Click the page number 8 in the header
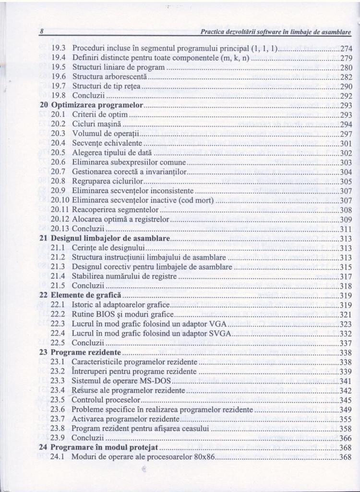point(42,32)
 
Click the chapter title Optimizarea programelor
point(98,105)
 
